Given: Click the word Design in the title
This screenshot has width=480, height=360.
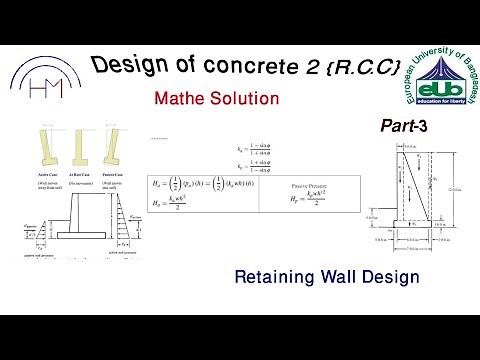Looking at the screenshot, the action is (x=128, y=66).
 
